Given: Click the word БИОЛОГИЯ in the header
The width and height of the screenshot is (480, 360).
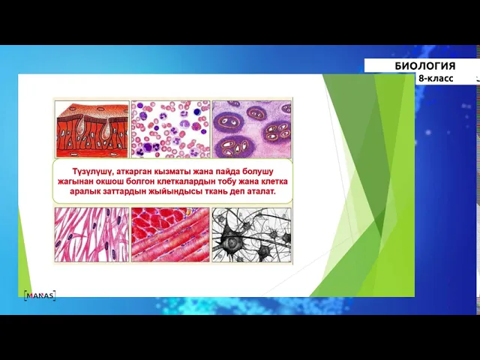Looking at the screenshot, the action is [425, 66].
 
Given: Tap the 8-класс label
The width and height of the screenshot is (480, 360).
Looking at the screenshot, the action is [436, 78].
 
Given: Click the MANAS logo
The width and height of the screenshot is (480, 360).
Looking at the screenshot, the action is [40, 295].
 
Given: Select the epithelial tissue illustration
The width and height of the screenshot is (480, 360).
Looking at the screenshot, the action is [92, 129].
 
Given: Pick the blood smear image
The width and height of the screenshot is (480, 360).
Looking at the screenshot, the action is [171, 129].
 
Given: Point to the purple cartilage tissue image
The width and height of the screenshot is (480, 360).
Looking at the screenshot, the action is [252, 129].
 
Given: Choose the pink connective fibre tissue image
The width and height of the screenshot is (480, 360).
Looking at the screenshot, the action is [91, 235].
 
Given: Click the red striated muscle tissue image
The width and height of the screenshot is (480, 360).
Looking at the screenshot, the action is [170, 235].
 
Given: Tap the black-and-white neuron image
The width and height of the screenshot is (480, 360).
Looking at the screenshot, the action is [252, 235].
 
